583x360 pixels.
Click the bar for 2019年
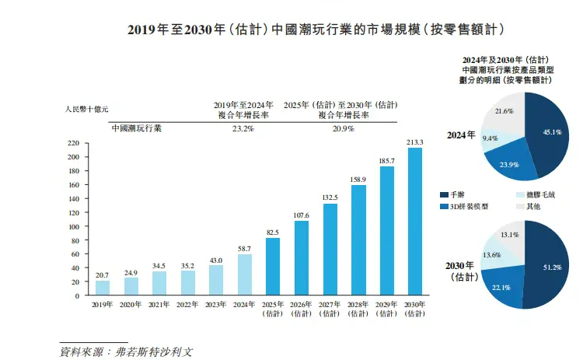[103, 288]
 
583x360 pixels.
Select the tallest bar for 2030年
[415, 222]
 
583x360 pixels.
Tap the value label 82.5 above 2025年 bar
[273, 232]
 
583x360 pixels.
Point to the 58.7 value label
[245, 248]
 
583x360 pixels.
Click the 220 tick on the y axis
[75, 143]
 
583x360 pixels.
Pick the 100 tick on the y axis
[75, 226]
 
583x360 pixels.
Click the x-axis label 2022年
[187, 305]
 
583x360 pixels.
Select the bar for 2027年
[330, 249]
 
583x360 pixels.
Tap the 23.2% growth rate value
[243, 129]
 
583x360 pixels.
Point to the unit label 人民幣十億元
[87, 110]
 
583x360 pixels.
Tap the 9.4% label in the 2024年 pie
[490, 138]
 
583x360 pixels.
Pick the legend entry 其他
[535, 207]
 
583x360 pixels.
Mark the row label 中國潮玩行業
[137, 129]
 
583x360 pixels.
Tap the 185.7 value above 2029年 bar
[386, 161]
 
